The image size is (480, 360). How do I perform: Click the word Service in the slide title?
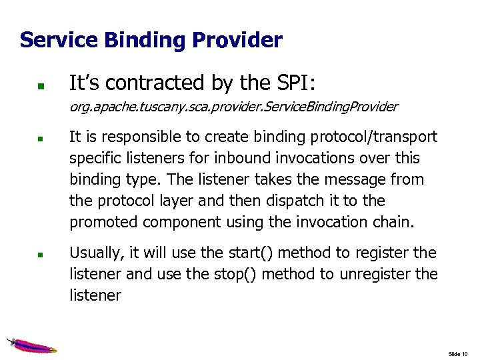tap(58, 40)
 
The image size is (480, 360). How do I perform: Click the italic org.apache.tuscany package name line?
tap(233, 107)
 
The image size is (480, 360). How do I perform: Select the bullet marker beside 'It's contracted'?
tap(40, 86)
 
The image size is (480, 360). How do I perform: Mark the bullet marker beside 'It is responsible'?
tap(40, 140)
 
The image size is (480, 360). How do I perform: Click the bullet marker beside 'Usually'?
tap(40, 255)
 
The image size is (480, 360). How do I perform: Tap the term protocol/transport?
tap(376, 137)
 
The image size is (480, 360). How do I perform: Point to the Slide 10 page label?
tap(458, 353)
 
